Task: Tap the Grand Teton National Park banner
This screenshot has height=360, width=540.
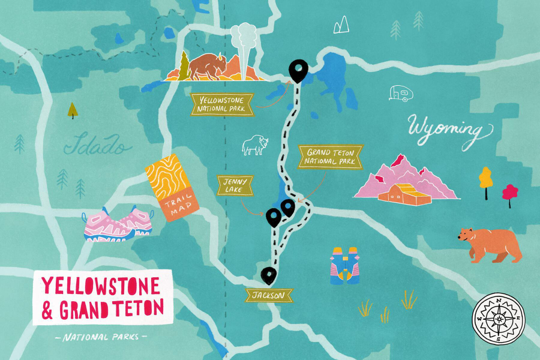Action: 331,157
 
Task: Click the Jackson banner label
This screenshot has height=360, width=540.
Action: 268,295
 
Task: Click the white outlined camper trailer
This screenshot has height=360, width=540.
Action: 400,93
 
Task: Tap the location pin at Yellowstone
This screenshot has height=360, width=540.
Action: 297,70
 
